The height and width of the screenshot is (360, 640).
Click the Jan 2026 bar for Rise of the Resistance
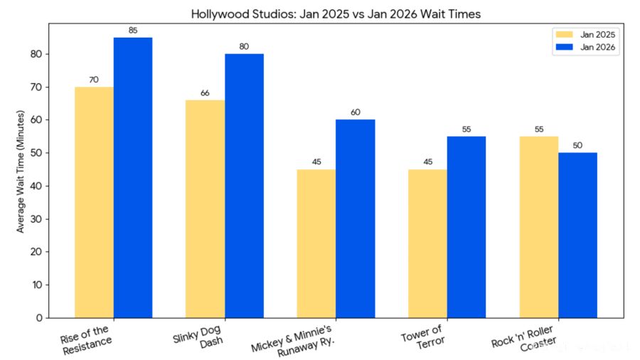click(133, 178)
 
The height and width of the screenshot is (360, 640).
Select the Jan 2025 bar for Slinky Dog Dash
click(205, 209)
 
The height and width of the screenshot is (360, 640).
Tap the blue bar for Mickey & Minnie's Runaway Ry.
click(355, 218)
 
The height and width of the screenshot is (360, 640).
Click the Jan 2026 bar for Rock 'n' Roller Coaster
click(577, 235)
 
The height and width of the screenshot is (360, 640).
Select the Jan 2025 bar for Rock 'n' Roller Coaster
click(538, 227)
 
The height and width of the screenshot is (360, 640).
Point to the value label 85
click(133, 31)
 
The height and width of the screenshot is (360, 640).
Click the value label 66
click(205, 93)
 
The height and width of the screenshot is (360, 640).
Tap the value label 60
click(355, 112)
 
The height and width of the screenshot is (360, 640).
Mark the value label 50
click(577, 146)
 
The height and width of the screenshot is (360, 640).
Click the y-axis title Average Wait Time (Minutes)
click(21, 171)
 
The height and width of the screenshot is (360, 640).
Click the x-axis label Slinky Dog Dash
click(199, 336)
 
